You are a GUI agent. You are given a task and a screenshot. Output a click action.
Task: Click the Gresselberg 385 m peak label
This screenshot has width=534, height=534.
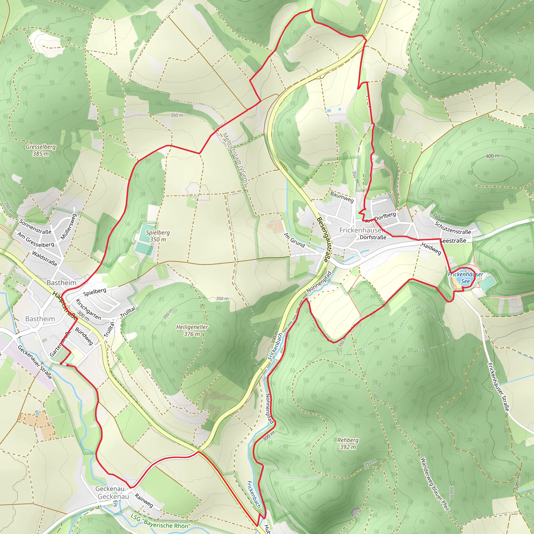(41, 150)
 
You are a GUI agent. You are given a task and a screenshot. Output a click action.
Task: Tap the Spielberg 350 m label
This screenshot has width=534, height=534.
(158, 236)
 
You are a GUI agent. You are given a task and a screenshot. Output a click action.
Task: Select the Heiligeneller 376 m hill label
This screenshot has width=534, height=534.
(192, 330)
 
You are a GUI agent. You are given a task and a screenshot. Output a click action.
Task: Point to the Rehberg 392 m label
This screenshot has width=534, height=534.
(348, 443)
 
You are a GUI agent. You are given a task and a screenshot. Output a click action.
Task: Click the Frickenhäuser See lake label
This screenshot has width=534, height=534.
(465, 278)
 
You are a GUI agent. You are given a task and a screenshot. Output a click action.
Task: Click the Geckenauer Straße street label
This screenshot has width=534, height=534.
(35, 362)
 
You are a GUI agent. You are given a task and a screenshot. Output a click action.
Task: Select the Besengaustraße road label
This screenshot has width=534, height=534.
(324, 239)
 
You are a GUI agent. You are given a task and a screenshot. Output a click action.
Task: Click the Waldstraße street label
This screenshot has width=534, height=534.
(45, 258)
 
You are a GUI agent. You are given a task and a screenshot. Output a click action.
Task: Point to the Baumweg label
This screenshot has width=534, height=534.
(342, 197)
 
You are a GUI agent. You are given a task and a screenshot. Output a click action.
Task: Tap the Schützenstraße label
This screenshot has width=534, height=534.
(453, 227)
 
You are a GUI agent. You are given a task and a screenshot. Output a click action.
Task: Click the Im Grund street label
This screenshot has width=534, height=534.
(294, 240)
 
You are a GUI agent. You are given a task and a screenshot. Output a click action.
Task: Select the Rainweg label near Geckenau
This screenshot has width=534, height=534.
(144, 500)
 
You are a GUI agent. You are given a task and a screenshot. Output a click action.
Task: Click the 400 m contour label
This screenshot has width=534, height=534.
(493, 156)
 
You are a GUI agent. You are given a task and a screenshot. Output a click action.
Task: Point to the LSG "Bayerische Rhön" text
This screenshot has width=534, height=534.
(160, 521)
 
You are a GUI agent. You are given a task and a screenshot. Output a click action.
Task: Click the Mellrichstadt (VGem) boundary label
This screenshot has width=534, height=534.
(235, 159)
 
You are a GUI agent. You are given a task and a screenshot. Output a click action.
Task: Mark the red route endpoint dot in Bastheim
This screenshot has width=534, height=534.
(68, 365)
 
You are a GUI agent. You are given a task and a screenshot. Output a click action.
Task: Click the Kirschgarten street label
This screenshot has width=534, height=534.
(88, 309)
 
